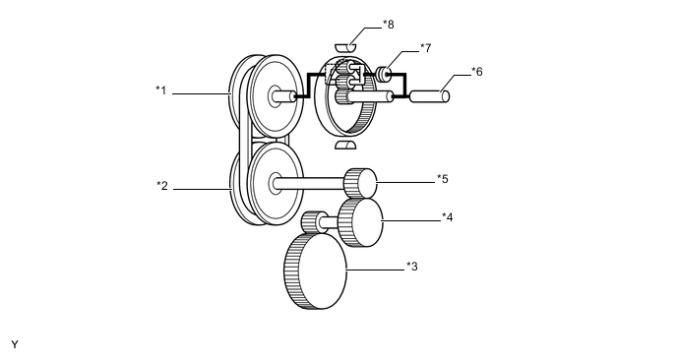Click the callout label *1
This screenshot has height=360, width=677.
click(x=160, y=90)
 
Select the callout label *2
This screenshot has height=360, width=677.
click(x=162, y=186)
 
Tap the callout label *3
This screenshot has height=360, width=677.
click(x=412, y=267)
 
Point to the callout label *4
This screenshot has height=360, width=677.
click(x=448, y=217)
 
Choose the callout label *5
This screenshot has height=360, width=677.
click(x=443, y=179)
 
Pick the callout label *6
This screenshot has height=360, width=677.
click(x=476, y=72)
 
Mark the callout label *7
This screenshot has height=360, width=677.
click(x=425, y=48)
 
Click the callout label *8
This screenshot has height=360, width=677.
click(x=388, y=25)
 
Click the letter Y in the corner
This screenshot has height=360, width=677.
click(x=15, y=344)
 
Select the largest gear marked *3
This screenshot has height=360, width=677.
click(x=316, y=271)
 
